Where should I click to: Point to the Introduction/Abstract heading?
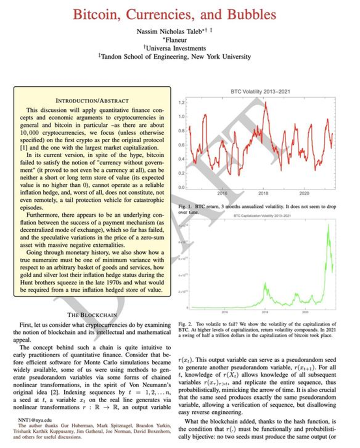tap(92, 101)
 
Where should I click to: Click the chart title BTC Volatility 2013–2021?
tap(260, 91)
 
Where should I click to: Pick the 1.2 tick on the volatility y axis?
tap(181, 102)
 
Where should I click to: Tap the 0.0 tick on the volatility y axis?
tap(181, 188)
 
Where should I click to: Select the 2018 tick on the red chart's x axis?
tap(263, 194)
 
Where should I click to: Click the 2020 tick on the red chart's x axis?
tap(304, 194)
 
